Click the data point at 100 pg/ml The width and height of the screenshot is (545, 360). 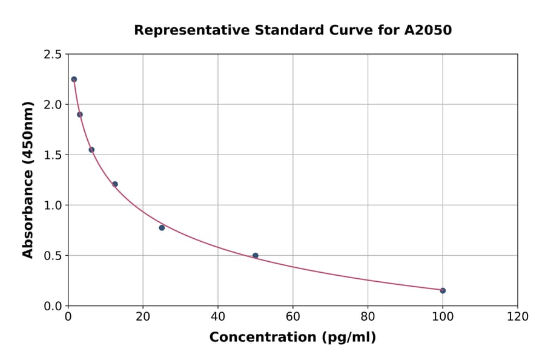pos(443,290)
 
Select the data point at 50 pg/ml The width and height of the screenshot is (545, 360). pos(256,255)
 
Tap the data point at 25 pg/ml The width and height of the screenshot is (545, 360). pos(162,227)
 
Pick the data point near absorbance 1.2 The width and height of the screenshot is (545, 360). pos(115,184)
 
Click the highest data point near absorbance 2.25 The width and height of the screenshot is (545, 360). pos(74,79)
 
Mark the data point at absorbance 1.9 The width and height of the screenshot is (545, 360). pos(80,114)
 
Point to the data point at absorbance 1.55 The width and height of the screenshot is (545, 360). pos(91,149)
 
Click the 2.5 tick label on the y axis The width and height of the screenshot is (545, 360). pos(52,55)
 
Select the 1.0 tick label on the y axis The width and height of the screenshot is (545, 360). pos(52,205)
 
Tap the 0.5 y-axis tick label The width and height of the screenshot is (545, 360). pos(52,256)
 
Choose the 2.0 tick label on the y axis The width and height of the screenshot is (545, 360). pos(52,105)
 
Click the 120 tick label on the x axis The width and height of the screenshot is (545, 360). pos(517,316)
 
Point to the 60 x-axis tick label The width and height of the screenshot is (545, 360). pos(292,316)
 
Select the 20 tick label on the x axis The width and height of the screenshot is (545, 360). pos(143,316)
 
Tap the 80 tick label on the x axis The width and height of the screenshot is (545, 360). pos(368,316)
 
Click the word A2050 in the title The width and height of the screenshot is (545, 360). pos(428,30)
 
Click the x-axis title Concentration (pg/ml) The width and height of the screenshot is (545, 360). pos(292,337)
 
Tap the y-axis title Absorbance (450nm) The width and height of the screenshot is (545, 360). pos(28,179)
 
